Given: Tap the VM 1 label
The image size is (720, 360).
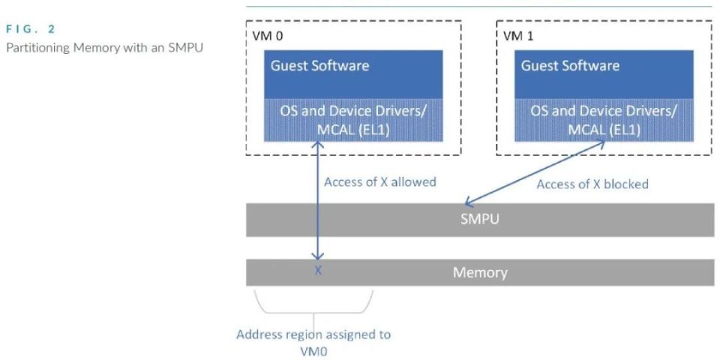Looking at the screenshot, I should click(517, 34).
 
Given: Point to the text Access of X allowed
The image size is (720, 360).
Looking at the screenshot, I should click(379, 182).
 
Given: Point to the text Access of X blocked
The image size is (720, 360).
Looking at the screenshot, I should click(592, 184).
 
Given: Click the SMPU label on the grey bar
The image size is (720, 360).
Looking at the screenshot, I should click(480, 222).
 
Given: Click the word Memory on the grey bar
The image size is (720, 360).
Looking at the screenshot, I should click(480, 272).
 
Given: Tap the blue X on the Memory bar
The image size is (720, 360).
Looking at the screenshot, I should click(318, 271).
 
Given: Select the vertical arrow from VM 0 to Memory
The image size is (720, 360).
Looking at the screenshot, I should click(318, 202).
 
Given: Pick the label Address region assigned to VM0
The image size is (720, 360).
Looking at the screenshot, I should click(313, 342).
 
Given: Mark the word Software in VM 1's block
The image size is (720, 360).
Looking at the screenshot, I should click(592, 65).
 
